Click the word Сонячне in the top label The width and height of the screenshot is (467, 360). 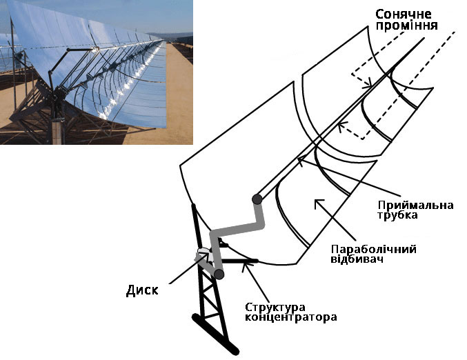point(404,14)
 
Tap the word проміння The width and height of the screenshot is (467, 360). point(406,26)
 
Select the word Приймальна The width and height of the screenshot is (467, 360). point(415,205)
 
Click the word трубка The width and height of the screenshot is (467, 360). point(397,215)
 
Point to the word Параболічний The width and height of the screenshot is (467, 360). point(373,249)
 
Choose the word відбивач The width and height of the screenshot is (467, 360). point(357,259)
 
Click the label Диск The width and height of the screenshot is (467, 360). point(142,290)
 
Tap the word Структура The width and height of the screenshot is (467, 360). point(275,308)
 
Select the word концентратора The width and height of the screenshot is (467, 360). point(290,317)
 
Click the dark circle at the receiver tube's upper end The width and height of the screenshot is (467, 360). point(257,199)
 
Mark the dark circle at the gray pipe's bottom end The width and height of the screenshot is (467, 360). point(219,274)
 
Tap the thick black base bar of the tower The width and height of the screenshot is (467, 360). point(215,334)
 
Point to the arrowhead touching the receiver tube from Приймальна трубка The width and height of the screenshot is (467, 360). point(301,160)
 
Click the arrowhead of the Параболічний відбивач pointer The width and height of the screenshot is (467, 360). point(319,203)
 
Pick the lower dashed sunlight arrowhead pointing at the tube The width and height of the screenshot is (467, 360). point(341,126)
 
